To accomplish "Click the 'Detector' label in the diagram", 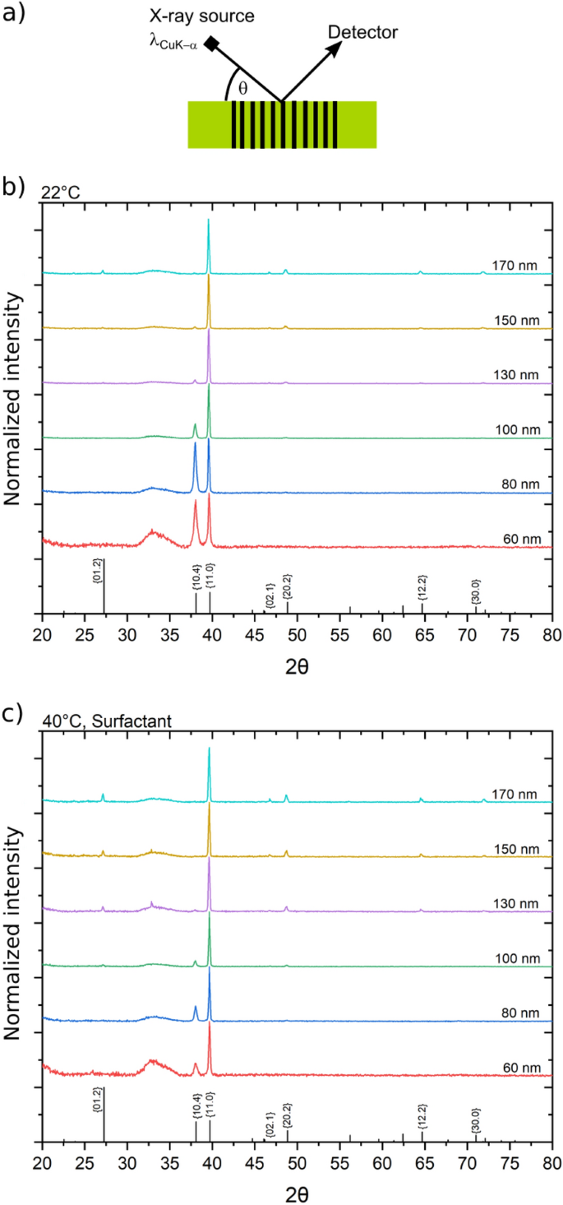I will click(362, 33).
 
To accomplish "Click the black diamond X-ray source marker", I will click(211, 45).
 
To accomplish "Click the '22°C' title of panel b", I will click(59, 192).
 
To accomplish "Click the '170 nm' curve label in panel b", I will click(515, 266).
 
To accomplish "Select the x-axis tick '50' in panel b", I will click(297, 634).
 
